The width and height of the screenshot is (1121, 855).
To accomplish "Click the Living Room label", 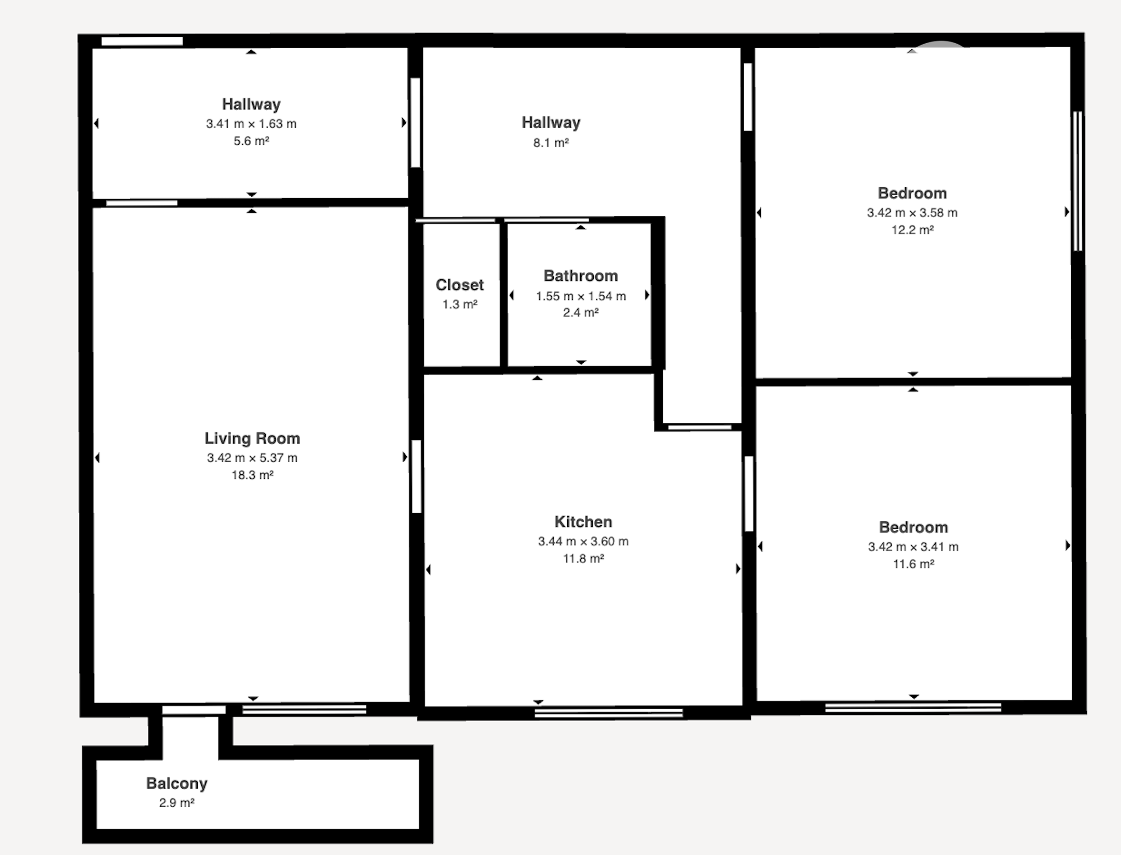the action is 252,438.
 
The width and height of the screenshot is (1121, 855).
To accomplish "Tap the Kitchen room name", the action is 583,521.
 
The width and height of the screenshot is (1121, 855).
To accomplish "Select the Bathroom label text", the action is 581,275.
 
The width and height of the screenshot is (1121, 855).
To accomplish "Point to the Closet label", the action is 460,285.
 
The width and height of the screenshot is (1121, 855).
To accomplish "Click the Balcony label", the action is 176,783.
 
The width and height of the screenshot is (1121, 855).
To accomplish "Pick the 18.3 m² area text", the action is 252,475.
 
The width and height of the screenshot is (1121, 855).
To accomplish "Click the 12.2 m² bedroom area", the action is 912,229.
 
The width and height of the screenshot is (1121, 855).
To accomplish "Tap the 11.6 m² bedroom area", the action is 913,563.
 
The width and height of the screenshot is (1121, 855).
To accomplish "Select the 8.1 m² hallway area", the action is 551,142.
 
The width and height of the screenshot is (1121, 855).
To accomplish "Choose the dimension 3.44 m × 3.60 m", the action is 583,541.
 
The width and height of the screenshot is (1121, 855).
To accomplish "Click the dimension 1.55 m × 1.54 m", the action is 581,296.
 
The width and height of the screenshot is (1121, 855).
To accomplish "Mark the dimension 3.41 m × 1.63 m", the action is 251,123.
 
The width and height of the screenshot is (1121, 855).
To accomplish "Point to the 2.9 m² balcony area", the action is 176,803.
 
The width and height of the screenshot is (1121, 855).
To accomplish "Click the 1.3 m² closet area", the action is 460,304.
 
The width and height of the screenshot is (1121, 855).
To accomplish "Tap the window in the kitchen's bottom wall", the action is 609,713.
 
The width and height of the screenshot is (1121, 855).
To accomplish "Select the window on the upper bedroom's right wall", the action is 1077,181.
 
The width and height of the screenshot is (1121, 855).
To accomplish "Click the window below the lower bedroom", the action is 913,707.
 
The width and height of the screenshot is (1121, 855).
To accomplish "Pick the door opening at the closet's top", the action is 456,221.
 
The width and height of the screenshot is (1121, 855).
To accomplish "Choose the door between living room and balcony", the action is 194,710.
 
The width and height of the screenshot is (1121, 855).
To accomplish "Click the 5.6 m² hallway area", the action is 251,141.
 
